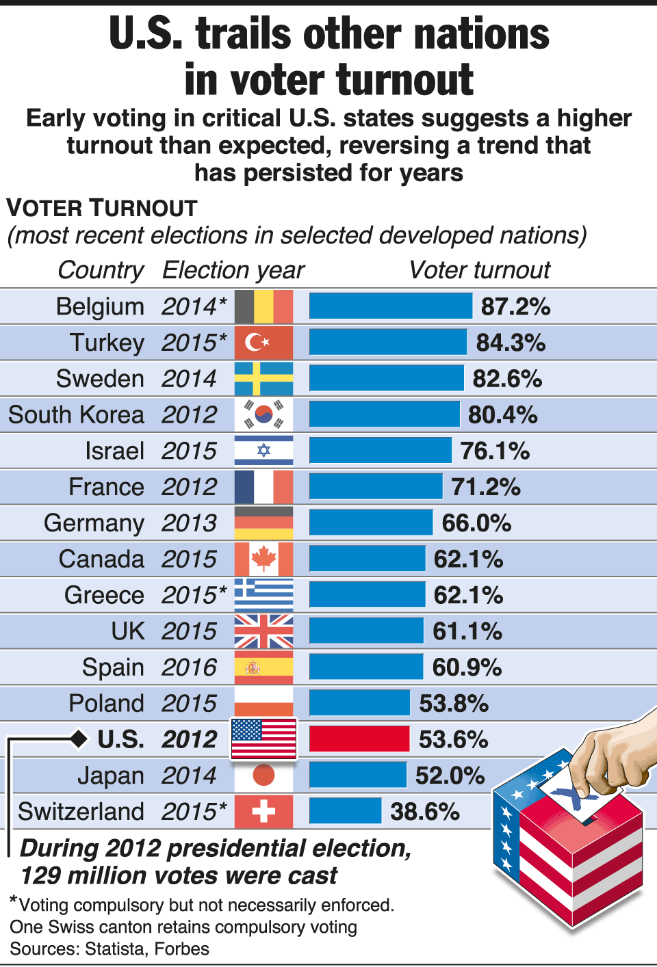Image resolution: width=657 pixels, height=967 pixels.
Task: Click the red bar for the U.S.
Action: point(359,739)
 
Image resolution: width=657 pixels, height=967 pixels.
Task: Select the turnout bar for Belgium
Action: point(390,306)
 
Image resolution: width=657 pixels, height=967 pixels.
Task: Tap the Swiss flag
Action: point(263,812)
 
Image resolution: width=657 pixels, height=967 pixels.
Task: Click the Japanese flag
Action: point(263,776)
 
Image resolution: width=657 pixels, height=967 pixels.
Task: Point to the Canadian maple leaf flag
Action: point(263,559)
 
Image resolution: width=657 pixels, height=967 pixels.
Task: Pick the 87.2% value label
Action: point(515,306)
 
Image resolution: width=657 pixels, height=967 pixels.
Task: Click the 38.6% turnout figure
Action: point(425,812)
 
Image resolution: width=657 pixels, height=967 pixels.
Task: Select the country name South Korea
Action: point(76,415)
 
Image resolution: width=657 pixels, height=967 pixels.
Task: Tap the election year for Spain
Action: point(189,667)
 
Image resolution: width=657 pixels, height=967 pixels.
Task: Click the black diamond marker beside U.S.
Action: point(79,739)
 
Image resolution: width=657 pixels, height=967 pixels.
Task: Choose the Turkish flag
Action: point(263,343)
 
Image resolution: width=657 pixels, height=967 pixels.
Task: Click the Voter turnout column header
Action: point(479,270)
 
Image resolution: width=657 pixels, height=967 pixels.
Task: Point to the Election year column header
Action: point(233,270)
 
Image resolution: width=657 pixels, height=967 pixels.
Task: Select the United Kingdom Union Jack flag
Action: point(263,631)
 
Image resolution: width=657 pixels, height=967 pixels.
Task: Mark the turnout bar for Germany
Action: point(371,523)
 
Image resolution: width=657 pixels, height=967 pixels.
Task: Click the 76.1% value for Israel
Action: point(495,451)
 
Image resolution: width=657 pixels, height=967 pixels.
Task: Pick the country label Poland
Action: point(106,704)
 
